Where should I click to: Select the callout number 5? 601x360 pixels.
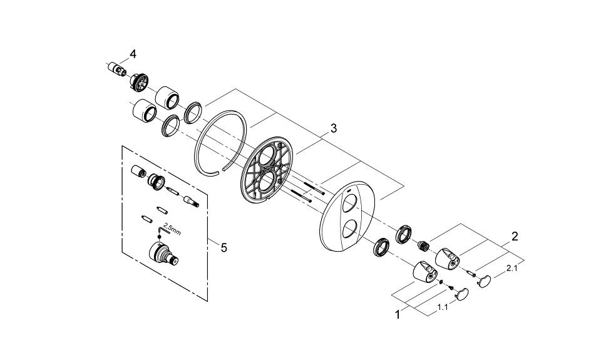(223, 248)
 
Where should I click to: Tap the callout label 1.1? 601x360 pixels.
(442, 307)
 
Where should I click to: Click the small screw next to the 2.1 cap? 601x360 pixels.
(469, 271)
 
